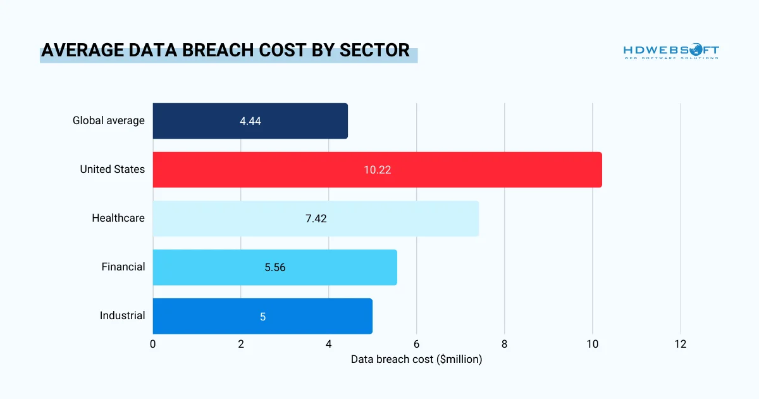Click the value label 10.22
[377, 170]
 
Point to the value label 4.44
[250, 121]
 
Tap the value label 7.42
[316, 218]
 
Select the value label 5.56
[275, 267]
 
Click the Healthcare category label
[118, 218]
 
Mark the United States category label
[112, 170]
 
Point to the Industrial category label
[122, 316]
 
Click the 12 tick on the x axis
[680, 344]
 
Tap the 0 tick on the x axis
[153, 344]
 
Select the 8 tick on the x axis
[504, 344]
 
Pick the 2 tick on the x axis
[241, 344]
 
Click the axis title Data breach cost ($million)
[416, 360]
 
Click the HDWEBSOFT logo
[671, 51]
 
